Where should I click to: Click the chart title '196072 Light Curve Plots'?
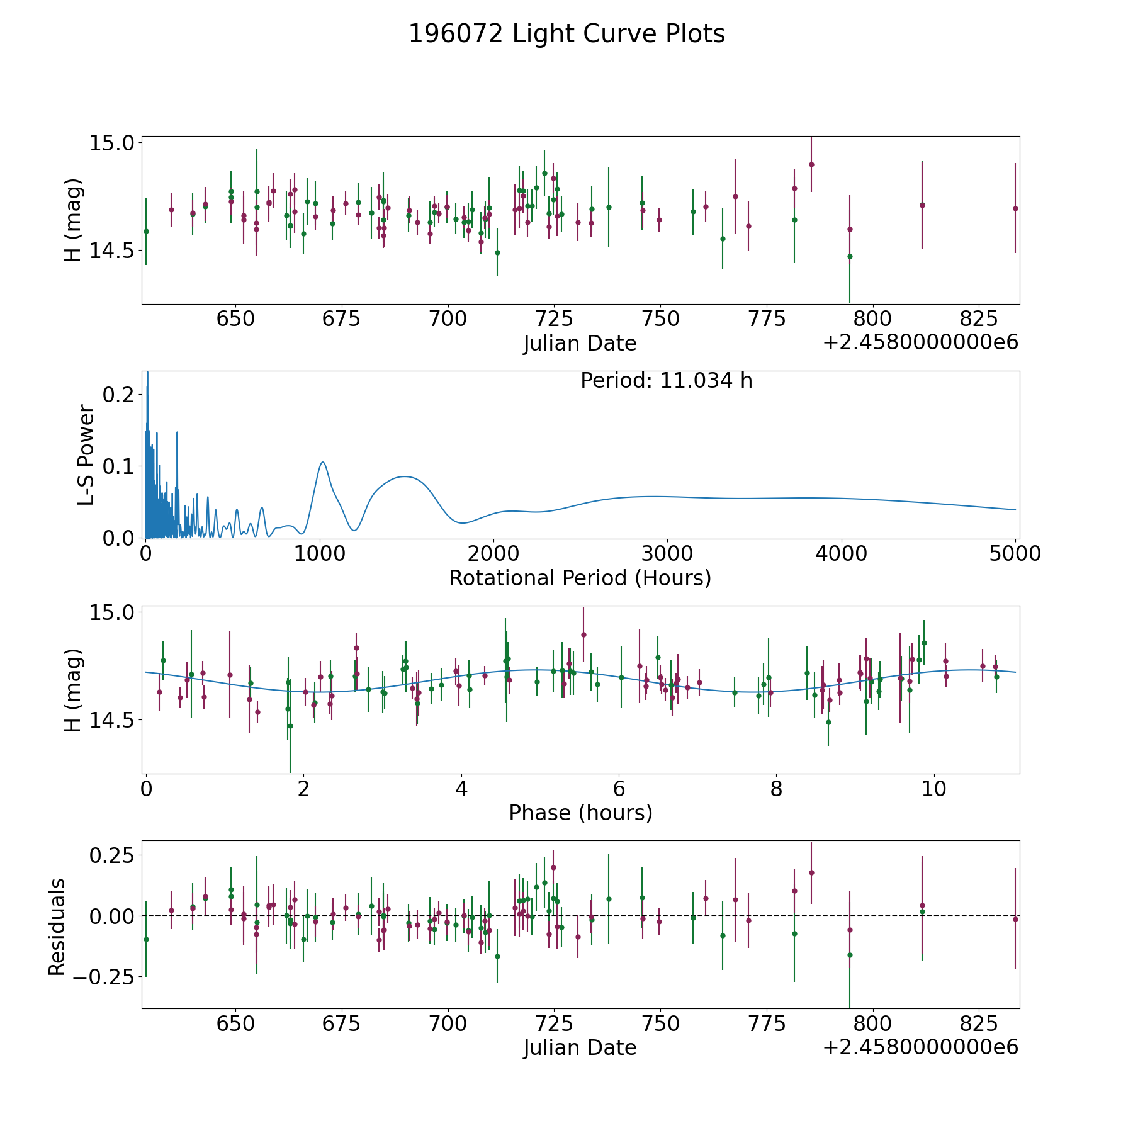566,34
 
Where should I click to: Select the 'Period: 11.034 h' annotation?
666,381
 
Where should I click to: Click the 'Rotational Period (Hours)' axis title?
580,578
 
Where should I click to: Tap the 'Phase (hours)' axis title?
580,813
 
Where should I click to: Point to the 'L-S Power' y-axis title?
86,454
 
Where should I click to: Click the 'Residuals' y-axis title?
57,927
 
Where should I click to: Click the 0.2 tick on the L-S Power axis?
118,395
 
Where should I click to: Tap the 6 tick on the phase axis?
619,789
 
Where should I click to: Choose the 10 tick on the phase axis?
934,789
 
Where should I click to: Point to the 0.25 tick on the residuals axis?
111,856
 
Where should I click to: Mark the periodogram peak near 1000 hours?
323,462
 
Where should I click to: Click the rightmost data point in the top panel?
1015,208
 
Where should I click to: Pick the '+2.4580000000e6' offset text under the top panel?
920,342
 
